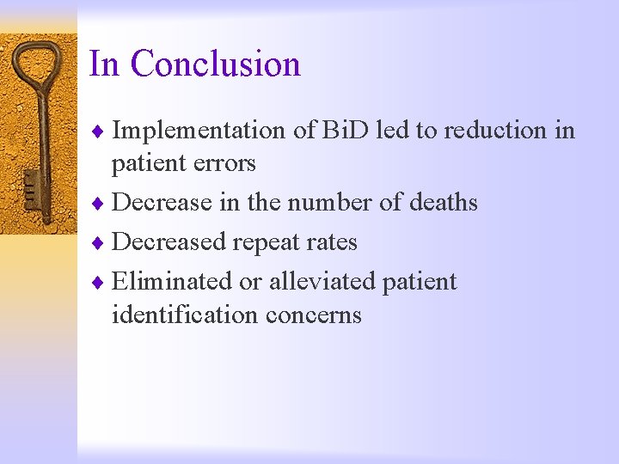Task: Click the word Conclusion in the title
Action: click(216, 64)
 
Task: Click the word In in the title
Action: click(104, 64)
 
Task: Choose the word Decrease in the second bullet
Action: click(163, 203)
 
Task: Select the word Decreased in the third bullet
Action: click(171, 242)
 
